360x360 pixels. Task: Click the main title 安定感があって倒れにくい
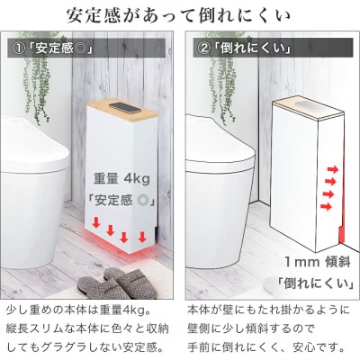point(180,17)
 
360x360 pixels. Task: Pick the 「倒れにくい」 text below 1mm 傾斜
point(309,279)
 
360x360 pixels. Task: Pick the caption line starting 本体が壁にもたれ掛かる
point(268,308)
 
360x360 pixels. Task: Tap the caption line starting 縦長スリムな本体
point(88,326)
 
